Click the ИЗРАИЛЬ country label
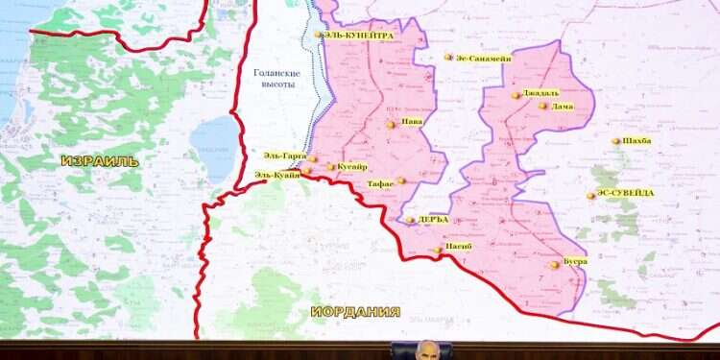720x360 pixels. click(99, 161)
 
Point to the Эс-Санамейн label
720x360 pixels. click(483, 59)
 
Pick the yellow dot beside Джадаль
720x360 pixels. click(516, 95)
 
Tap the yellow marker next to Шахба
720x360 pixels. click(616, 141)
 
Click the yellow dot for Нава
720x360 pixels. click(391, 124)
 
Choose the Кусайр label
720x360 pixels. click(352, 167)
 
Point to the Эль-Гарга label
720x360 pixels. click(284, 156)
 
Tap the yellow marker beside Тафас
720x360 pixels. click(401, 180)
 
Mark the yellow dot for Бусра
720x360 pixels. click(554, 264)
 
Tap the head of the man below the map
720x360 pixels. click(428, 350)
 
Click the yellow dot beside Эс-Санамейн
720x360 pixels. click(448, 58)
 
